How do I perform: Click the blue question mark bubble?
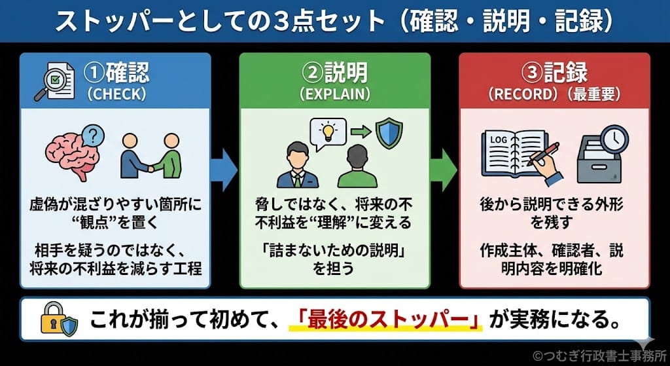95,136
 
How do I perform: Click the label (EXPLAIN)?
334,94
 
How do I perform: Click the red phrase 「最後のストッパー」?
385,321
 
